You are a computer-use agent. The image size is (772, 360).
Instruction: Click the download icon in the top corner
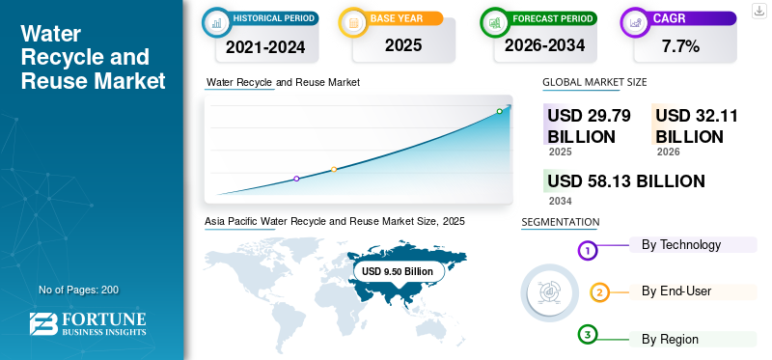[x=758, y=11]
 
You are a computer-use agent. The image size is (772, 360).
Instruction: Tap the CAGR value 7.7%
[x=681, y=46]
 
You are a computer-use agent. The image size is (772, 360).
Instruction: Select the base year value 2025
[x=403, y=45]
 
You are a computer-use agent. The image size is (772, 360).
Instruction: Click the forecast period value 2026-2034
[x=544, y=45]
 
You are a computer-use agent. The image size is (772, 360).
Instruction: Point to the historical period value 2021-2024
[x=265, y=47]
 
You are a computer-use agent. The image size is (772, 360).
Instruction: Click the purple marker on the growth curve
[x=296, y=179]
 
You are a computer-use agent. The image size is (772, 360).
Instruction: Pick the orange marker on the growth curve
[x=334, y=170]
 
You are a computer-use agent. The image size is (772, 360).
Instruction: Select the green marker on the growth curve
[x=499, y=111]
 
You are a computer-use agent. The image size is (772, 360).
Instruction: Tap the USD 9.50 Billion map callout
[x=399, y=271]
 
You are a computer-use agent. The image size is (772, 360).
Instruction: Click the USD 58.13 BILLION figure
[x=625, y=181]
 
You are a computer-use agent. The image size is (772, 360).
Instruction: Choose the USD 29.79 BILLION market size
[x=589, y=126]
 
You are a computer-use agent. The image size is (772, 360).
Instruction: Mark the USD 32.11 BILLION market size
[x=697, y=126]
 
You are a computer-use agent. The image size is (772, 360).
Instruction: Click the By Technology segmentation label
[x=681, y=245]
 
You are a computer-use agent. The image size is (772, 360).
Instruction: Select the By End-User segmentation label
[x=676, y=291]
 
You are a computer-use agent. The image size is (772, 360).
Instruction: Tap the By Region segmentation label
[x=670, y=340]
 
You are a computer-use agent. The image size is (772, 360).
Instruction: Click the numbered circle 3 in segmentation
[x=587, y=335]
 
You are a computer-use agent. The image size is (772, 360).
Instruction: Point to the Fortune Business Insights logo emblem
[x=43, y=324]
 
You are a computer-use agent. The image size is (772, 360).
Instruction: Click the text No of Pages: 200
[x=78, y=290]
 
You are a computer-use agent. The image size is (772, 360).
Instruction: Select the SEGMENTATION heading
[x=561, y=222]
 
